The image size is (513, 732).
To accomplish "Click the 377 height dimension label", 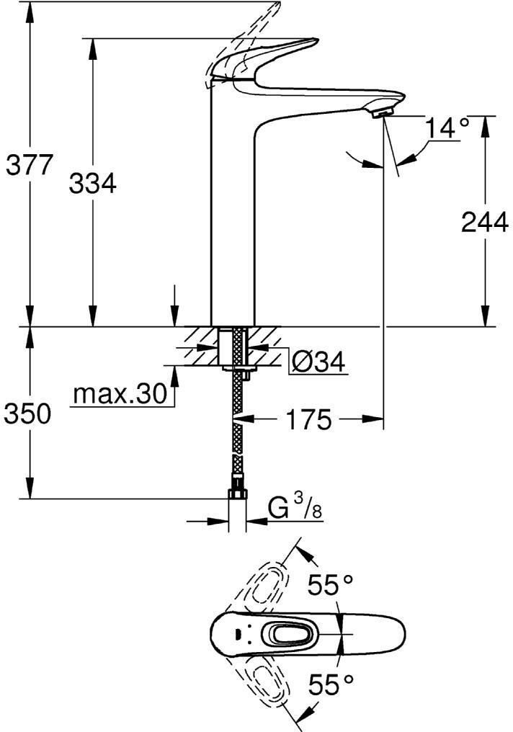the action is point(30,165).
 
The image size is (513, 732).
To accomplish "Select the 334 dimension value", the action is point(92,183).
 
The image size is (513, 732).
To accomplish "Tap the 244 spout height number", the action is point(484,222).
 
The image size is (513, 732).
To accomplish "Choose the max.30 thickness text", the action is point(120,395).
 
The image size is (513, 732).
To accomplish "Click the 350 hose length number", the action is point(27,414).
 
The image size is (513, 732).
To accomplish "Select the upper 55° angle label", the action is point(330,586).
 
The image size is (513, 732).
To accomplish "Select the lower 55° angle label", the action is point(330,685).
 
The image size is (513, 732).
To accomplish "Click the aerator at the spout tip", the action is point(384,112).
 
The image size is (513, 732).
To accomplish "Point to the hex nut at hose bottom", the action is point(238,494).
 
